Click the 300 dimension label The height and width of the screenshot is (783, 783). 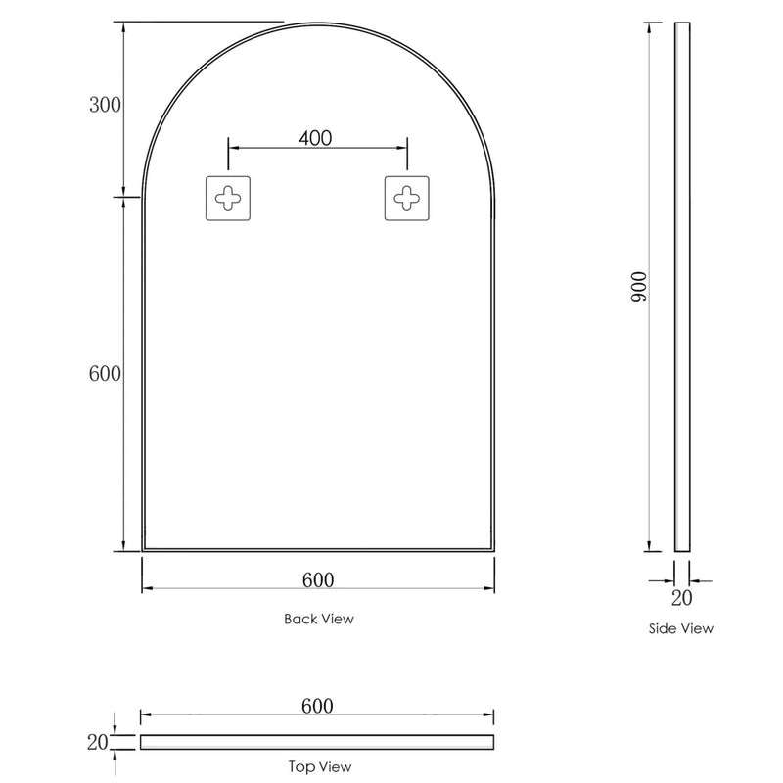click(x=105, y=107)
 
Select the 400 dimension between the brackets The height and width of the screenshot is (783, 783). click(x=315, y=138)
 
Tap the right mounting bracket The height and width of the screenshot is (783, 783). click(x=405, y=199)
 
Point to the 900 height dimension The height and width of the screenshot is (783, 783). click(x=638, y=286)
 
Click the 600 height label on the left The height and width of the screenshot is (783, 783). click(x=105, y=373)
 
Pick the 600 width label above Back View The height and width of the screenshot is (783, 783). click(x=318, y=579)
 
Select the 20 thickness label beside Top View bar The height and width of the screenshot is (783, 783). click(x=97, y=742)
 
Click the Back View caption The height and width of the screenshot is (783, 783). click(x=319, y=619)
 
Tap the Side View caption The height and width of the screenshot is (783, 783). click(x=681, y=628)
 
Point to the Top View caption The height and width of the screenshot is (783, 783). click(x=320, y=767)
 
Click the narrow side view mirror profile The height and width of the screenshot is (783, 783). click(x=682, y=286)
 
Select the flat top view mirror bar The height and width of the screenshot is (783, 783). click(x=317, y=742)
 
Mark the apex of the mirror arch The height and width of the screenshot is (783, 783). click(x=318, y=23)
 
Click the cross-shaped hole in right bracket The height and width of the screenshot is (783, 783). click(x=405, y=199)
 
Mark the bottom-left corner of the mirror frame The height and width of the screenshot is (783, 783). click(x=143, y=551)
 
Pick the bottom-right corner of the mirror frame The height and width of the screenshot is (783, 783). click(x=493, y=551)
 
